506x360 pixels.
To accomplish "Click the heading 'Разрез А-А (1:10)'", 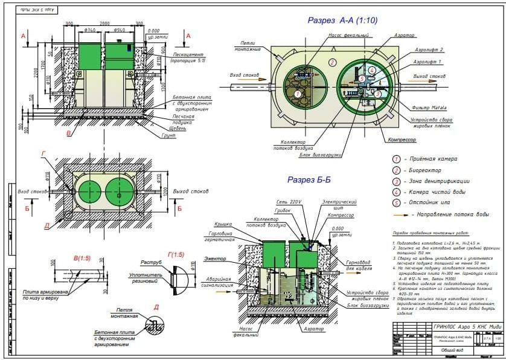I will [x=342, y=21].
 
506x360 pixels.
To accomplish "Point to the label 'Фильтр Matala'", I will [x=429, y=107].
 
